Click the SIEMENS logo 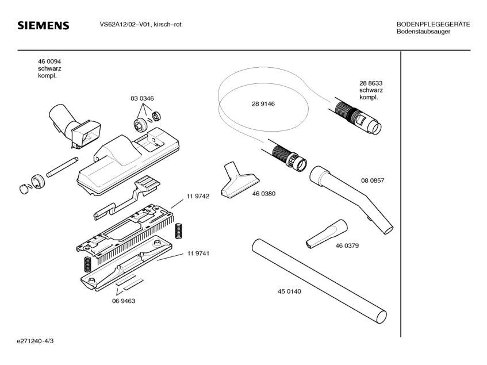point(43,26)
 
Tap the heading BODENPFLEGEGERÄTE point(433,24)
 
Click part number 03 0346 point(142,98)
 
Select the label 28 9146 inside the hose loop point(263,104)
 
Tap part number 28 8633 point(371,83)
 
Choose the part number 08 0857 point(373,180)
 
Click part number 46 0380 point(263,194)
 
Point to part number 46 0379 point(347,246)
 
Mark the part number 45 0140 point(289,291)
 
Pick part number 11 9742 point(197,196)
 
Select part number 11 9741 point(197,253)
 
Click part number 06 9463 point(124,301)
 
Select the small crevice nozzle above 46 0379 point(325,233)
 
